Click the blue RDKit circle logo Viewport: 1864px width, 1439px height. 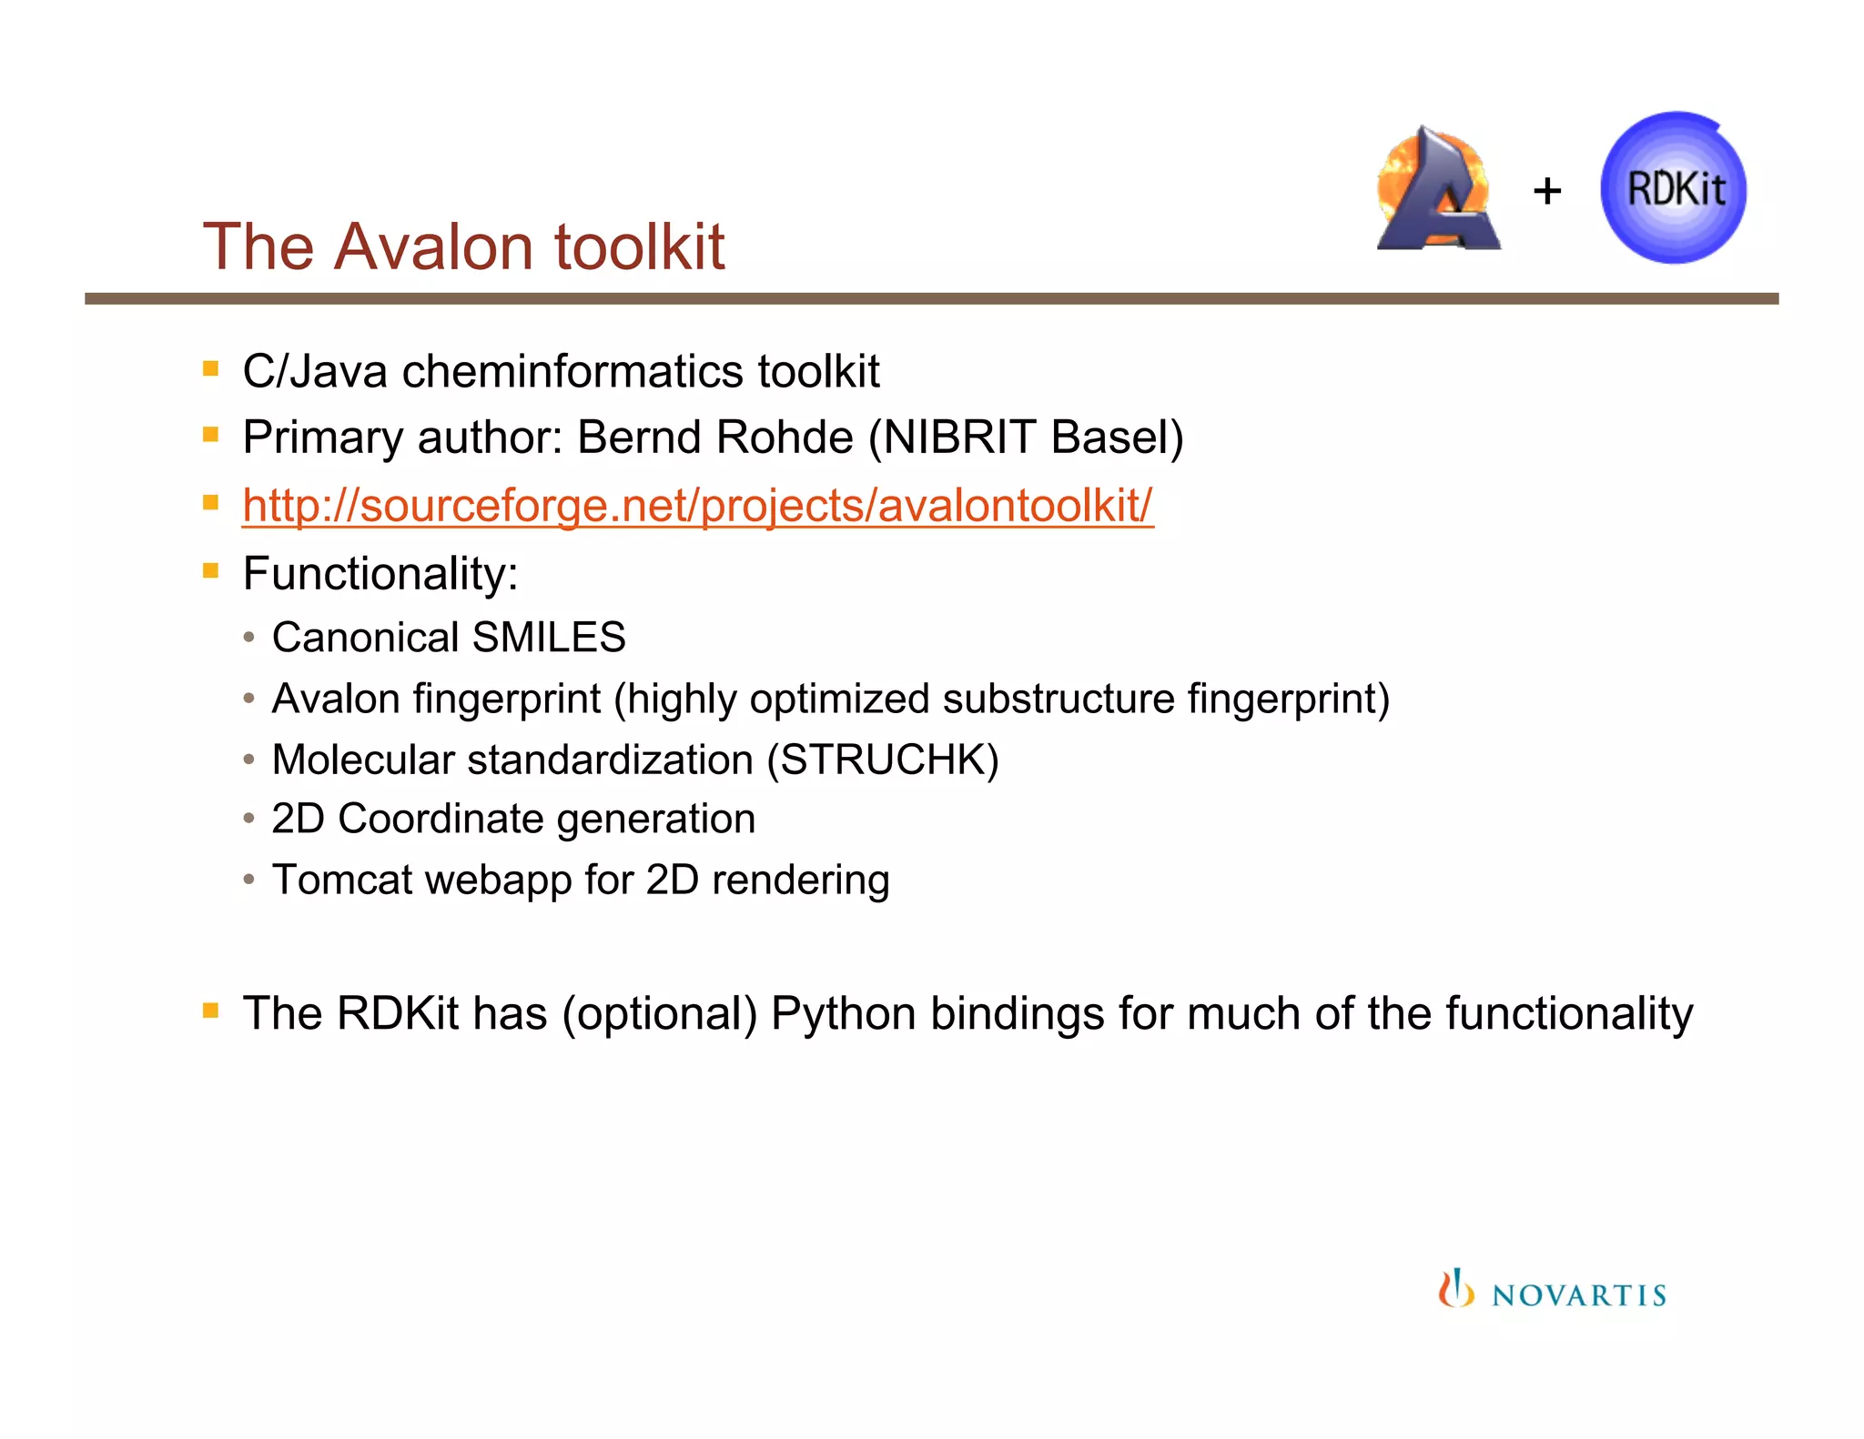pyautogui.click(x=1673, y=188)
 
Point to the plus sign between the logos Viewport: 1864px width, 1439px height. pyautogui.click(x=1546, y=192)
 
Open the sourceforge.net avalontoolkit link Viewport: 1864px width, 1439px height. pyautogui.click(x=697, y=506)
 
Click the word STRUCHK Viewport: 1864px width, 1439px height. pyautogui.click(x=882, y=760)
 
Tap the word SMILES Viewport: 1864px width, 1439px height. pyautogui.click(x=549, y=638)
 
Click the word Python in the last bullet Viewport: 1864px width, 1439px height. pyautogui.click(x=843, y=1013)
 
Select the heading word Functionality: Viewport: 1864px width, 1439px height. pyautogui.click(x=380, y=574)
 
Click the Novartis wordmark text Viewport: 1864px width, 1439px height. pyautogui.click(x=1578, y=1295)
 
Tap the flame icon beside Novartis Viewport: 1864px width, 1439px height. pyautogui.click(x=1455, y=1289)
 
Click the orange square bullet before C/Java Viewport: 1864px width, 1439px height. pyautogui.click(x=211, y=368)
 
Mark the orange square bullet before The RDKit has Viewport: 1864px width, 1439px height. pyautogui.click(x=211, y=1010)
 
